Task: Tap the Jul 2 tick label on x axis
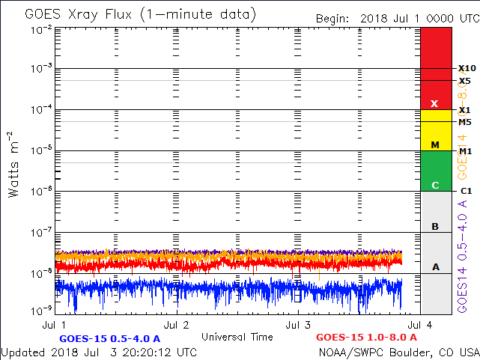tap(177, 325)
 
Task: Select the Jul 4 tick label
tap(418, 325)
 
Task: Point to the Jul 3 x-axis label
tap(298, 325)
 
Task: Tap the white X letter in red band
tap(434, 103)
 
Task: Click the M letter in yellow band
tap(434, 144)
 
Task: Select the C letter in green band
tap(434, 185)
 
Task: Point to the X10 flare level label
tap(467, 68)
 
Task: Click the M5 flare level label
tap(465, 121)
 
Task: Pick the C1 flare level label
tap(465, 191)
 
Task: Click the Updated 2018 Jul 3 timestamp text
tap(100, 351)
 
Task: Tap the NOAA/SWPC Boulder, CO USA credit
tap(398, 351)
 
